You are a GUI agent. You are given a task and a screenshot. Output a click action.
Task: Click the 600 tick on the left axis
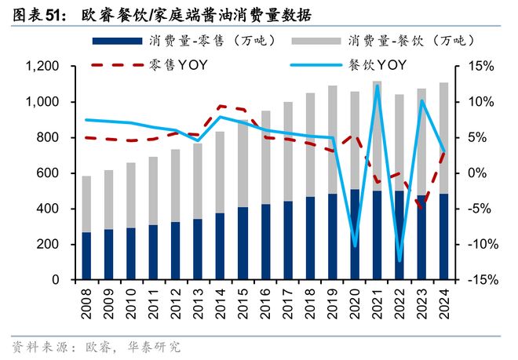(x=46, y=173)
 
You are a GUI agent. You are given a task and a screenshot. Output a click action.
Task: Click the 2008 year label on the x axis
(x=86, y=302)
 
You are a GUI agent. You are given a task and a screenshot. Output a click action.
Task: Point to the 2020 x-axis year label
(x=355, y=302)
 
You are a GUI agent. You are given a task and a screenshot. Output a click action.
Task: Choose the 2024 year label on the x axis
(x=445, y=302)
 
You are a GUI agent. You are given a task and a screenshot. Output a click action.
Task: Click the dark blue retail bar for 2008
(x=86, y=256)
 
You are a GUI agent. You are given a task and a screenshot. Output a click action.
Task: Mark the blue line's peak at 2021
(x=378, y=85)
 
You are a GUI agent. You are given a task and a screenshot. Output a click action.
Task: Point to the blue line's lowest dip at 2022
(x=399, y=260)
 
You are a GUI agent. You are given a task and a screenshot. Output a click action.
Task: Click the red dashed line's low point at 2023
(x=422, y=207)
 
